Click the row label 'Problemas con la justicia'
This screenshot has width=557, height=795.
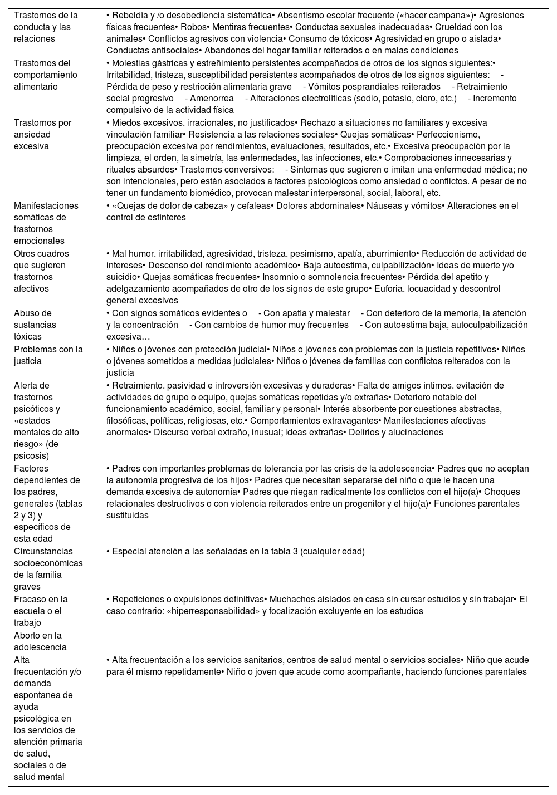point(48,355)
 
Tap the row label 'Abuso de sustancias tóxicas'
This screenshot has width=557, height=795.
point(35,325)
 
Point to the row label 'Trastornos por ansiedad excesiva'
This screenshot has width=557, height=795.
point(42,134)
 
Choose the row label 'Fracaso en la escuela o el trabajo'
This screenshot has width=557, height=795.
point(41,611)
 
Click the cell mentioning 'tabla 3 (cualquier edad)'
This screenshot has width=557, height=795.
point(236,552)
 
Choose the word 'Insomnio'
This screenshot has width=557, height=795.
point(279,277)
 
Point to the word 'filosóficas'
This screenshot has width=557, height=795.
point(129,421)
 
